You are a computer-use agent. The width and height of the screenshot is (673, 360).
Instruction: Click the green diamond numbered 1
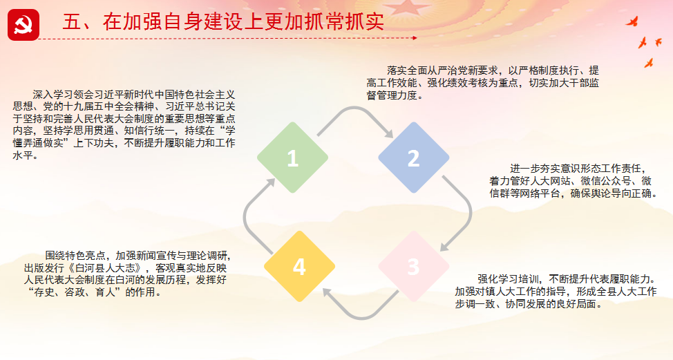[293, 158]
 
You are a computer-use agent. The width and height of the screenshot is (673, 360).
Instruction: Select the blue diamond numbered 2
[413, 158]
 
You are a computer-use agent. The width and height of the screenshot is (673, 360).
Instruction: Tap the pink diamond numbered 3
[413, 267]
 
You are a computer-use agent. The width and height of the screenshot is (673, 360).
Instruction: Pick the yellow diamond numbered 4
[299, 267]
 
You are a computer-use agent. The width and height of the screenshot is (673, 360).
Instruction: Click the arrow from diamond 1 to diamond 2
[354, 108]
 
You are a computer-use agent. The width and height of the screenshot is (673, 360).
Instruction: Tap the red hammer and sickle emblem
[23, 26]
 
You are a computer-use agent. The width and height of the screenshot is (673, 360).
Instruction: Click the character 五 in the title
[72, 22]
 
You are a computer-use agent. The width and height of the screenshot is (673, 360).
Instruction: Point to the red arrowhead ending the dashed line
[415, 38]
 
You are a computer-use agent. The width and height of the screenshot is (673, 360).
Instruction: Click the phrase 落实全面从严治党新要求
[442, 70]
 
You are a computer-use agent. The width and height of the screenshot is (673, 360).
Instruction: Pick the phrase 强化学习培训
[508, 279]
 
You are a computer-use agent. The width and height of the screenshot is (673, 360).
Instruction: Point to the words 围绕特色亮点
[75, 256]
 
